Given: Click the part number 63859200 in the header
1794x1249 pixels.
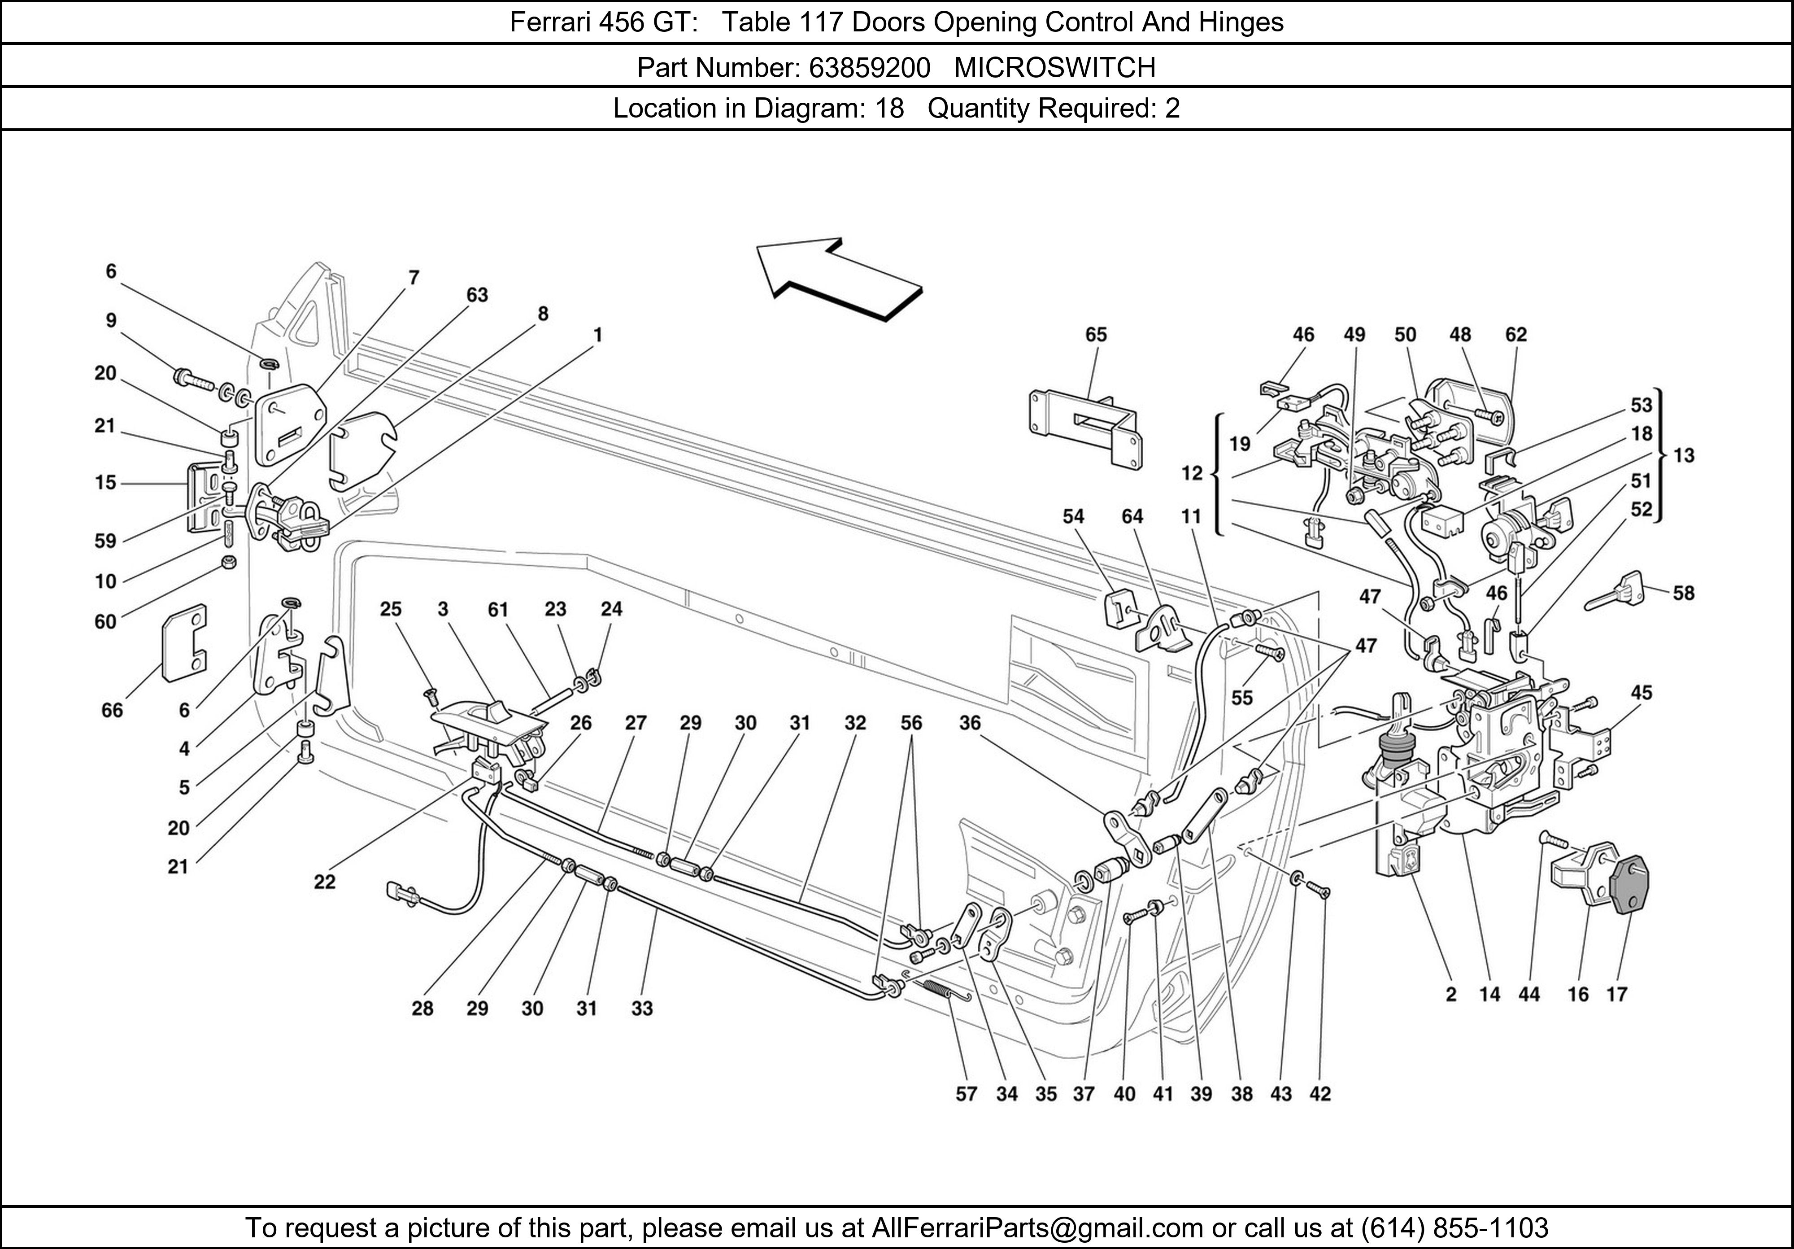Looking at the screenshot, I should point(869,68).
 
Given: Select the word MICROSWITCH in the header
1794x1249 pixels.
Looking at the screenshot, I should point(1055,68).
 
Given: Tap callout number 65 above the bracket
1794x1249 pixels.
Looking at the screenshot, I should point(1096,335).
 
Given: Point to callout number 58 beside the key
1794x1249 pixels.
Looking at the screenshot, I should point(1683,593).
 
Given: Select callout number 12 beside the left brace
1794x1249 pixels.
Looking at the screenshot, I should point(1192,473).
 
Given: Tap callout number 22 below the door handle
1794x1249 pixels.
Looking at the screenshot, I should point(324,882).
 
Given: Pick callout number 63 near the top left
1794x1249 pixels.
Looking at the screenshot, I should point(477,295).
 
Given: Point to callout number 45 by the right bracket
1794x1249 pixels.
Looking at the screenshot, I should point(1641,693).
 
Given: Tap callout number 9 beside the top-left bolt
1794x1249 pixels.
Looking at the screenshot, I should point(111,320).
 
